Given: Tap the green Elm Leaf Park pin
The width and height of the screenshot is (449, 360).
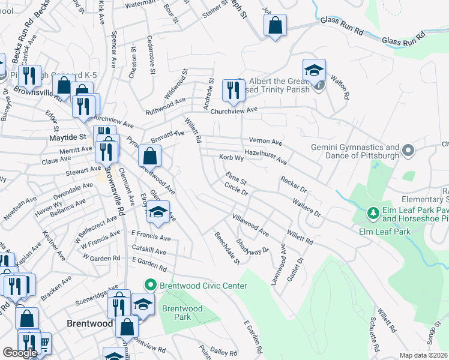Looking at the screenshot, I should [x=373, y=213].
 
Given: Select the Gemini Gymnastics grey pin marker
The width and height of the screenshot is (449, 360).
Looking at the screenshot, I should [x=408, y=150].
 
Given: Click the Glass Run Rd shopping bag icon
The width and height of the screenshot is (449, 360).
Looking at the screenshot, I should [x=275, y=25].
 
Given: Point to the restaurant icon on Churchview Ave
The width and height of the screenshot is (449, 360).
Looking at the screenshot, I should [x=232, y=90].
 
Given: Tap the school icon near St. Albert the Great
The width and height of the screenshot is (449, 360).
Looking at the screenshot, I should [x=314, y=70].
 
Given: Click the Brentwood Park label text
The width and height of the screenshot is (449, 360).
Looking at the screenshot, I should [x=182, y=313].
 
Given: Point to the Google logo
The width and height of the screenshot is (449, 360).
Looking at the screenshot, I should [x=20, y=352].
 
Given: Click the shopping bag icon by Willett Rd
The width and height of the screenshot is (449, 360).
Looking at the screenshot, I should [x=149, y=157].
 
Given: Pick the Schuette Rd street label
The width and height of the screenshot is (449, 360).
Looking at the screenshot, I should [x=374, y=335].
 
